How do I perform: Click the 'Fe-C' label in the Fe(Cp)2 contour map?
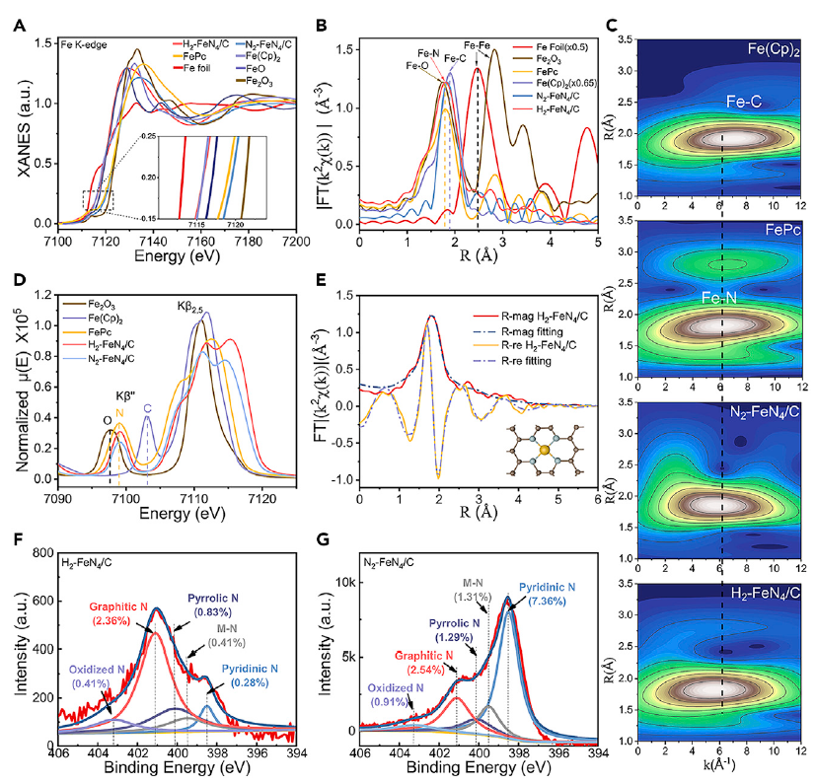[x=723, y=99]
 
